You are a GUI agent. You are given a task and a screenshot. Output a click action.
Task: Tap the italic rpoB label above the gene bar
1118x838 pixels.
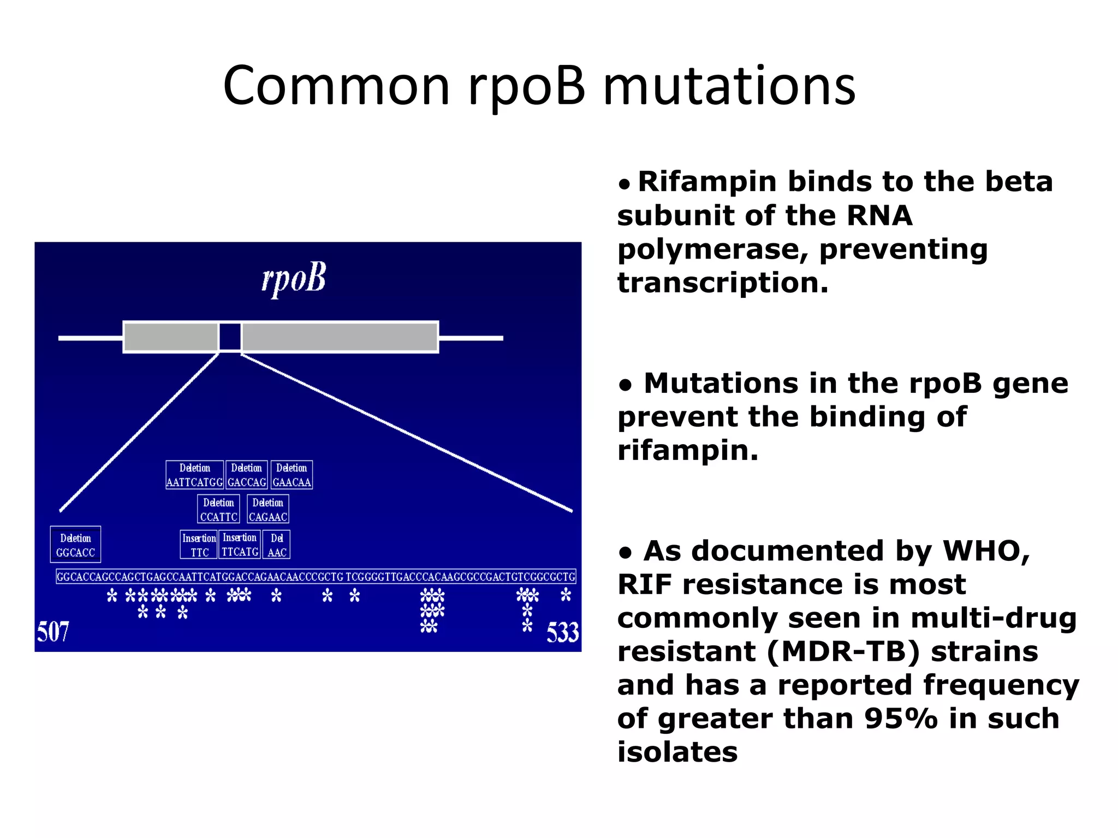point(294,279)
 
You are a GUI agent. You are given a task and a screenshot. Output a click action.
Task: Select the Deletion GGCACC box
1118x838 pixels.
point(75,544)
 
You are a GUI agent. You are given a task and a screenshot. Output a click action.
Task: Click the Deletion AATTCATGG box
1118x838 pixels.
point(194,475)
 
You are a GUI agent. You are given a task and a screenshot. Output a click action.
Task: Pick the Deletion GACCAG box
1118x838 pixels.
point(247,475)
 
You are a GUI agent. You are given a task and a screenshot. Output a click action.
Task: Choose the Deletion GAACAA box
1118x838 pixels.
point(292,475)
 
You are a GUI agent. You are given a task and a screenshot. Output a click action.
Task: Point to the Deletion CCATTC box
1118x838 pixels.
point(218,510)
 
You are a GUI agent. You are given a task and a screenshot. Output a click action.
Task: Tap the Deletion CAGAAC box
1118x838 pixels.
point(267,510)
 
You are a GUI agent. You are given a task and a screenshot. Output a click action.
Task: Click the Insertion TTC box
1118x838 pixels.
point(199,544)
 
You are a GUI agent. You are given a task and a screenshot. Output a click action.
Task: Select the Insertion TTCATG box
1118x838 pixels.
point(240,544)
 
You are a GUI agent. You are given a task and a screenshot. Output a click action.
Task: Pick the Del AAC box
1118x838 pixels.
point(277,544)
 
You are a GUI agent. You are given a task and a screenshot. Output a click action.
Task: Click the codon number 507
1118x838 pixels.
point(53,632)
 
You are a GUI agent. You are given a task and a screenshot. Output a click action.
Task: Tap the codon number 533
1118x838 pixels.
point(562,632)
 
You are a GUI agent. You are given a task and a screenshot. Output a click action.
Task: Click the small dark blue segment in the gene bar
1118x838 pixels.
point(230,337)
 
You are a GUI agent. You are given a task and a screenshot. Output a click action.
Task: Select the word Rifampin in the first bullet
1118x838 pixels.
point(707,182)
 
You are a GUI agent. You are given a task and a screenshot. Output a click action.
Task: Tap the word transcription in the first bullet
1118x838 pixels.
point(722,283)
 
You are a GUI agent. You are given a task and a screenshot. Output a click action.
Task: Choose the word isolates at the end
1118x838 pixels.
point(677,752)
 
